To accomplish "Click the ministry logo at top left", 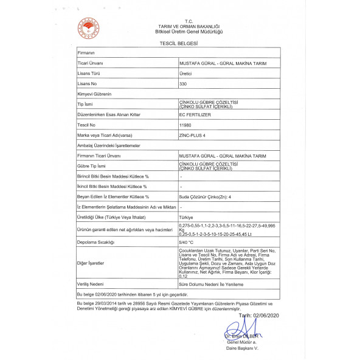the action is (x=87, y=27).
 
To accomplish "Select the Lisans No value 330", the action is (x=184, y=83).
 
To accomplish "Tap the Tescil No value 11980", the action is (x=185, y=124).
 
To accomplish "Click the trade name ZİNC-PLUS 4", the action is (x=193, y=134).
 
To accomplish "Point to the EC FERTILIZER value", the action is (x=195, y=114).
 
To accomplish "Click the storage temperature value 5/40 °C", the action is (x=187, y=241).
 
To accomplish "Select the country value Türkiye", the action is (x=186, y=217).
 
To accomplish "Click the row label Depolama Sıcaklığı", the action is (x=95, y=241).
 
